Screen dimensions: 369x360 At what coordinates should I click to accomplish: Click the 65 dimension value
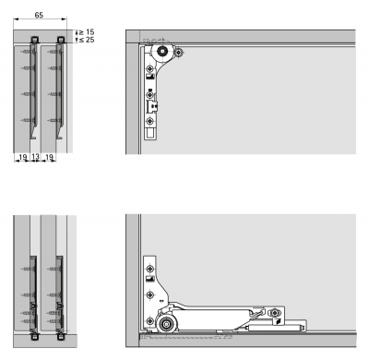click(39, 15)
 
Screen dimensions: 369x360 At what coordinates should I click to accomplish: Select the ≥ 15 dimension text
click(87, 31)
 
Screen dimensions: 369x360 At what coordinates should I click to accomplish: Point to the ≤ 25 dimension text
click(87, 40)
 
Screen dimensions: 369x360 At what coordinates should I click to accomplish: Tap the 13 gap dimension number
click(35, 157)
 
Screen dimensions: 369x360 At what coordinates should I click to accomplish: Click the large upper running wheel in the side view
click(162, 52)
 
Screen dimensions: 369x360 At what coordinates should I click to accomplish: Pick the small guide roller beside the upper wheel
click(178, 53)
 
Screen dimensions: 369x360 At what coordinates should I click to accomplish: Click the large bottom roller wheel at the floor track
click(166, 324)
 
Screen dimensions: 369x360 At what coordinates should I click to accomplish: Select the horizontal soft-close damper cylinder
click(276, 326)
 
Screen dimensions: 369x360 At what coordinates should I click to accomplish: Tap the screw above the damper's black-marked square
click(274, 313)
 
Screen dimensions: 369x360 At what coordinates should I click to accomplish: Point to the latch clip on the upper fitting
click(152, 106)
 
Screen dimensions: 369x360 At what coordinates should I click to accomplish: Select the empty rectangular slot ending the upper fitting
click(150, 133)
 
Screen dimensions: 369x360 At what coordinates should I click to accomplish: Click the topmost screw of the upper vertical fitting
click(149, 68)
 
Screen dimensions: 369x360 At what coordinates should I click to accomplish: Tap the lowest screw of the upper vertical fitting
click(149, 122)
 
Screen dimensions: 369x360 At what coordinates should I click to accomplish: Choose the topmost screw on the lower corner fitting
click(149, 269)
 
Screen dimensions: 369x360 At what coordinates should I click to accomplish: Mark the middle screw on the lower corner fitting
click(149, 294)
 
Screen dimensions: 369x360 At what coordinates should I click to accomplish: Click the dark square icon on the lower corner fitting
click(149, 279)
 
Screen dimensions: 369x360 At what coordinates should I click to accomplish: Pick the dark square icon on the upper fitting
click(149, 77)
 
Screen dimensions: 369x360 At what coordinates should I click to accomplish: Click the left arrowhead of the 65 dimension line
click(16, 19)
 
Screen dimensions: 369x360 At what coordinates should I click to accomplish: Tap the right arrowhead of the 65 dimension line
click(65, 19)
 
